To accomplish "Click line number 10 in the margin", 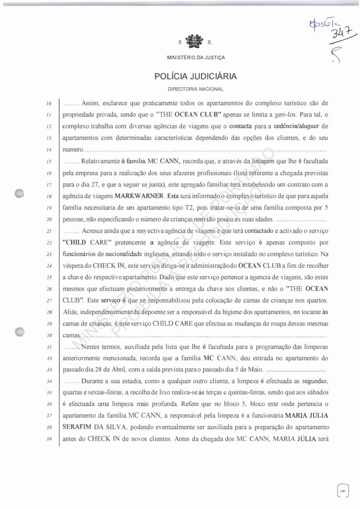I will pyautogui.click(x=48, y=103).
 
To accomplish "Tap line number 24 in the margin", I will pyautogui.click(x=48, y=265).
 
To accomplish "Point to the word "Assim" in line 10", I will pyautogui.click(x=91, y=103).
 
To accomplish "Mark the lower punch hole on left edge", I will pyautogui.click(x=20, y=331).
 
